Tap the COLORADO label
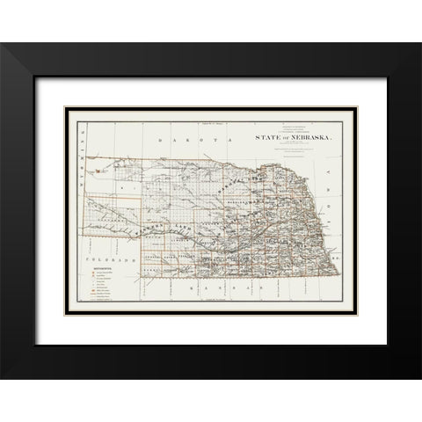(x=109, y=262)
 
